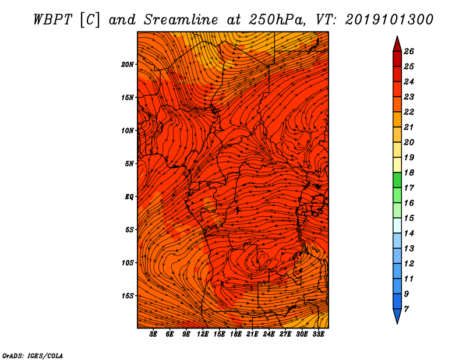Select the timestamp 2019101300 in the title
389,19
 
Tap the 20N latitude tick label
128,64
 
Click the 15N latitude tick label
128,97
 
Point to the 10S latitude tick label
128,263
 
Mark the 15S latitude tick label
128,296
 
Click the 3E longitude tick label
154,334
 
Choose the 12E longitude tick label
203,334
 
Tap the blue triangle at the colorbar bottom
397,315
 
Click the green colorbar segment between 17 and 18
397,181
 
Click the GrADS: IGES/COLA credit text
33,355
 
